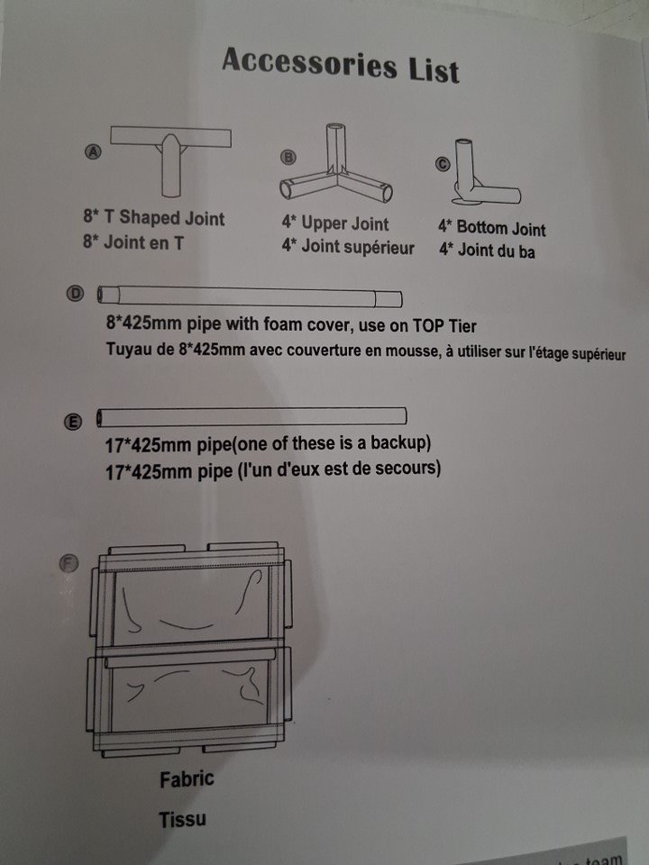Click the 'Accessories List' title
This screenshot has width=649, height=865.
pyautogui.click(x=341, y=65)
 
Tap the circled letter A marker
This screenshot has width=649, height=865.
pyautogui.click(x=93, y=151)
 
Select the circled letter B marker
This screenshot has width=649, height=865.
pyautogui.click(x=288, y=157)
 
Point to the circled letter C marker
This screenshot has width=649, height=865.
pyautogui.click(x=443, y=164)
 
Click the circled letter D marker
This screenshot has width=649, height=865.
pyautogui.click(x=75, y=294)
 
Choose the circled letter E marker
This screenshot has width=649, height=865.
pyautogui.click(x=73, y=422)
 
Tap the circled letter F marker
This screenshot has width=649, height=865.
pyautogui.click(x=69, y=563)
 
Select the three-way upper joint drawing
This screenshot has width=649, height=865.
pyautogui.click(x=336, y=163)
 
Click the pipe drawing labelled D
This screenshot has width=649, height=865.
pyautogui.click(x=250, y=296)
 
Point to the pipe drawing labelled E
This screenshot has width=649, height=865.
pyautogui.click(x=251, y=416)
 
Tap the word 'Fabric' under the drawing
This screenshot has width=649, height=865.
pyautogui.click(x=187, y=779)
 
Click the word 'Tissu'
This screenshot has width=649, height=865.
pyautogui.click(x=182, y=819)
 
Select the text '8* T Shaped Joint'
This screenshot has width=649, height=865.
pyautogui.click(x=154, y=217)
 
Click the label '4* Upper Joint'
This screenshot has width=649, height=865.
pyautogui.click(x=335, y=223)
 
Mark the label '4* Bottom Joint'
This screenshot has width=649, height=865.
pyautogui.click(x=492, y=228)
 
